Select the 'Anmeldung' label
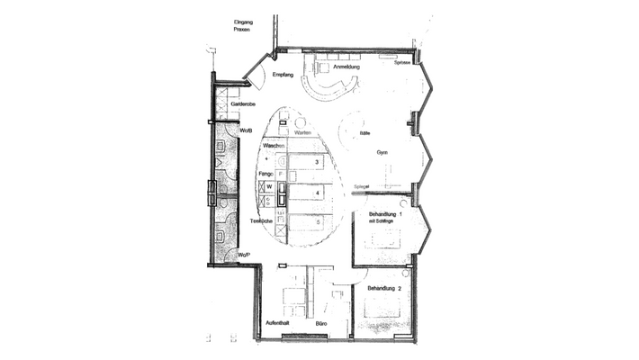[x=346, y=67]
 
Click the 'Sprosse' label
[x=401, y=63]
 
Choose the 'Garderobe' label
[x=246, y=104]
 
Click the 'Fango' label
[x=265, y=172]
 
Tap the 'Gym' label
[x=382, y=153]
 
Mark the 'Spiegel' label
[x=362, y=186]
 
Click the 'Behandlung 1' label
[x=386, y=214]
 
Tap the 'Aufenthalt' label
[x=276, y=322]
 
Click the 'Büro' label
[x=320, y=322]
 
